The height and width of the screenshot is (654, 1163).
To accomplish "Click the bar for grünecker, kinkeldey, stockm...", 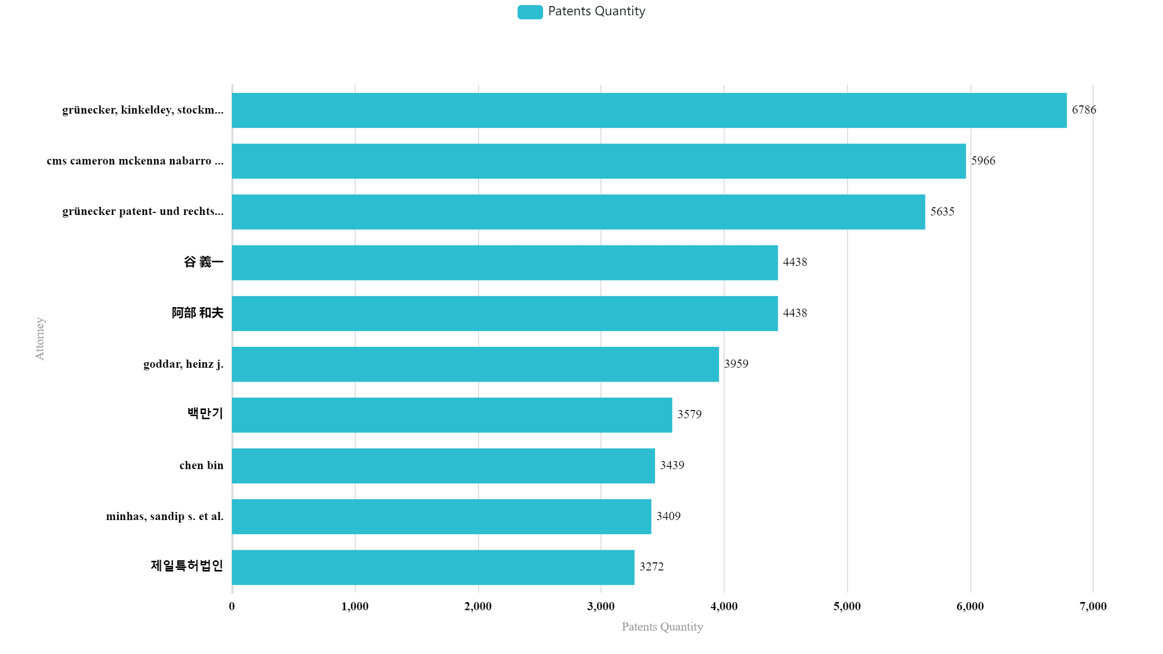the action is point(649,110).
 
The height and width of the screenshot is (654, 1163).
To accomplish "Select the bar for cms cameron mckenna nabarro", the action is point(599,161).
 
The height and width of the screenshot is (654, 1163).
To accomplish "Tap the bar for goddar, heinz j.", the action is point(475,364).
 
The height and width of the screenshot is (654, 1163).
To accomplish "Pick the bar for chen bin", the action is point(443,466).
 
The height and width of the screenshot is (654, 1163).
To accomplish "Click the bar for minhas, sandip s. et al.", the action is point(441,516).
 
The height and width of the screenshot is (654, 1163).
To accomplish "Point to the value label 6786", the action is point(1084,110).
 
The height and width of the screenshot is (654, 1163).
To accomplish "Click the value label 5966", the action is point(983,161).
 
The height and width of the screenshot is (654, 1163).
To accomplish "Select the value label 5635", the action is point(942,211).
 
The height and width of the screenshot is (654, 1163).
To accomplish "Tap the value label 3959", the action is point(736,364).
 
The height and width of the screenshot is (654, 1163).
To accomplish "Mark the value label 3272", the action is point(652,566).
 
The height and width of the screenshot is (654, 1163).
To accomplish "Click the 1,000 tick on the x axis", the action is point(355,606).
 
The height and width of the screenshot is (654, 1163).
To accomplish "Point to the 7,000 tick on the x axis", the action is point(1093,606).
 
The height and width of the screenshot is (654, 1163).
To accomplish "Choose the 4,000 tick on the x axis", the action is point(724,606).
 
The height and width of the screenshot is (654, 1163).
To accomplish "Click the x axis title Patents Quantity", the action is point(662,627).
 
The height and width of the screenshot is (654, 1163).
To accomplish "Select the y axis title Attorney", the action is point(40,339).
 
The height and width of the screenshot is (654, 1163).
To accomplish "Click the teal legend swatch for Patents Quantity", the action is point(530,12).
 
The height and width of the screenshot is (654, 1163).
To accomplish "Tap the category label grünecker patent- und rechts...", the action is point(143,211).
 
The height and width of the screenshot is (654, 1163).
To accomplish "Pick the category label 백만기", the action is point(205,413).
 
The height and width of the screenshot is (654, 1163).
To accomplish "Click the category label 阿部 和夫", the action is point(198,313).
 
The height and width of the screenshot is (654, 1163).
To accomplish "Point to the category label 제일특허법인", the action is point(187,565).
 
